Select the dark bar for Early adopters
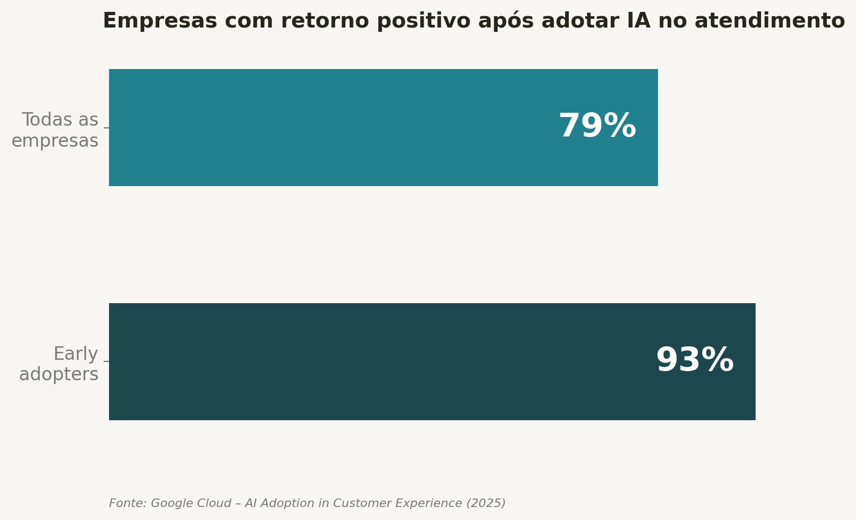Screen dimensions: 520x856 tap(378, 361)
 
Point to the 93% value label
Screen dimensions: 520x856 tap(695, 361)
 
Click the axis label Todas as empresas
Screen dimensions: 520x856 tap(55, 130)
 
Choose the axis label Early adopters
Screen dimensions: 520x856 tap(59, 364)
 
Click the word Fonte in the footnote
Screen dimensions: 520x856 tap(127, 503)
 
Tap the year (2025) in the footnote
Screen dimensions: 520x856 tap(486, 503)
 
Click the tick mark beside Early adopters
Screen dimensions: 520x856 tap(106, 361)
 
